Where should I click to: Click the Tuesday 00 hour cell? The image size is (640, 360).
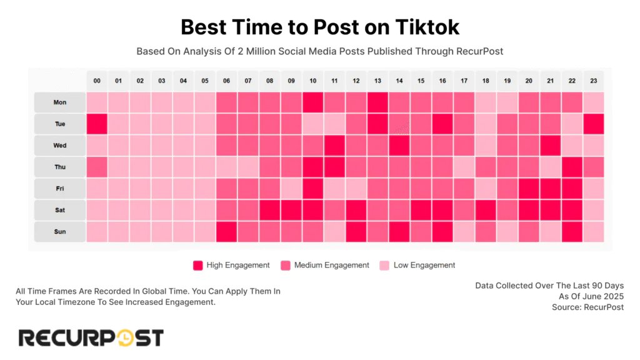[x=97, y=124]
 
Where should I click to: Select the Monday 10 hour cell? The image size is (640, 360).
[x=312, y=102]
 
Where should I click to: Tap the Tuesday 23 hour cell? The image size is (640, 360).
[x=593, y=124]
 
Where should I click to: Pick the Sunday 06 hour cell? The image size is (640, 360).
[x=226, y=231]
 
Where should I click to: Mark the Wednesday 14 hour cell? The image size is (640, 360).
[x=399, y=145]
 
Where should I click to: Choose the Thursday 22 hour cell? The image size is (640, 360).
[x=571, y=167]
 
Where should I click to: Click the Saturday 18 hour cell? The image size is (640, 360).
[x=485, y=210]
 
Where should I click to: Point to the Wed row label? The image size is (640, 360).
[x=59, y=145]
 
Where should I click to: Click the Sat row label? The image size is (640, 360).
[x=59, y=210]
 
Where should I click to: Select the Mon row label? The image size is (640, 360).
[x=59, y=102]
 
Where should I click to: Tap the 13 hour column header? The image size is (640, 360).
[x=377, y=81]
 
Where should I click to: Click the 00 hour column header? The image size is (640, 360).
[x=97, y=81]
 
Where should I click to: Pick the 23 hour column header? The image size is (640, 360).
[x=593, y=81]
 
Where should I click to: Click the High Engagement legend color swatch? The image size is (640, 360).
[x=198, y=265]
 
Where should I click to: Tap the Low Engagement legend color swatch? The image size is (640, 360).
[x=385, y=265]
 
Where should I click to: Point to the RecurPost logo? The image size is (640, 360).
[x=91, y=338]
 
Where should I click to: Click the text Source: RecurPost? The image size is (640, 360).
[x=587, y=307]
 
